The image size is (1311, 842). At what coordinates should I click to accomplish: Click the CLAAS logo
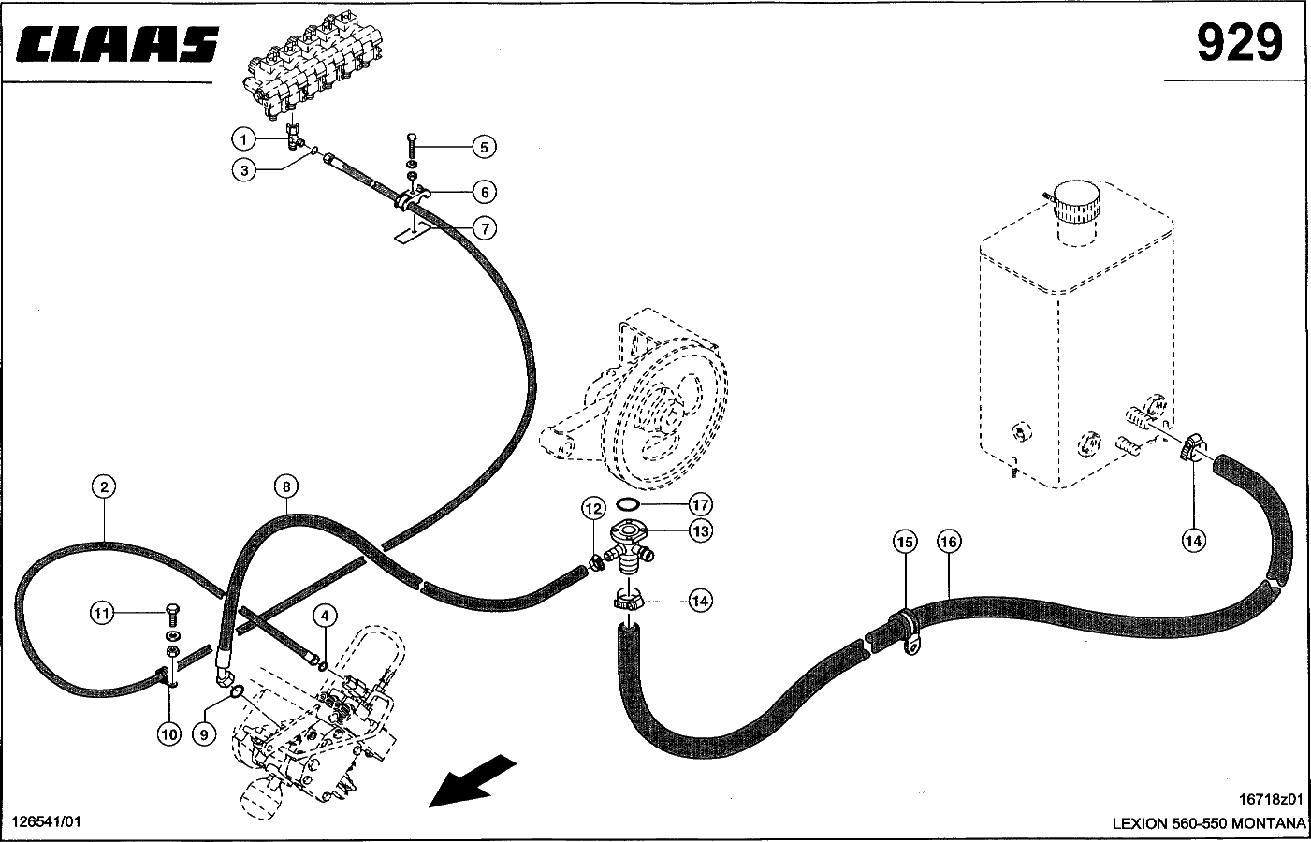118,44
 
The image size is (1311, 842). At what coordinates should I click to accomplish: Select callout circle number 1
243,140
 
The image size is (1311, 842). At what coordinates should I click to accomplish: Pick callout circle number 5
483,147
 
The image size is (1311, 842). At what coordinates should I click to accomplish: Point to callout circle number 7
483,227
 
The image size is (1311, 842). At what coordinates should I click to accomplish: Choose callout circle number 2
104,486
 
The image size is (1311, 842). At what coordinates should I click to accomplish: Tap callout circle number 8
286,486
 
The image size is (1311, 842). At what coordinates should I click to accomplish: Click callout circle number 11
102,614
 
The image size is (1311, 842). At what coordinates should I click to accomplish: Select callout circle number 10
168,734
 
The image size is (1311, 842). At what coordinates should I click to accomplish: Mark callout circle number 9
204,734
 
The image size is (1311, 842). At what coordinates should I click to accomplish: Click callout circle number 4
323,615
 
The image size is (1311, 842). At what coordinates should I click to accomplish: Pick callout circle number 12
593,509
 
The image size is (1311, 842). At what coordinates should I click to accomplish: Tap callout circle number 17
701,504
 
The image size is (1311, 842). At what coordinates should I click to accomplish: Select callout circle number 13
701,530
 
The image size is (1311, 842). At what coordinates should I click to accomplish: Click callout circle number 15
905,542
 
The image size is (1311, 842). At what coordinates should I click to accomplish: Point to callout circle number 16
948,542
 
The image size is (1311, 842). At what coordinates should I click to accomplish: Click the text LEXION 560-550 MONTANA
1208,823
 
